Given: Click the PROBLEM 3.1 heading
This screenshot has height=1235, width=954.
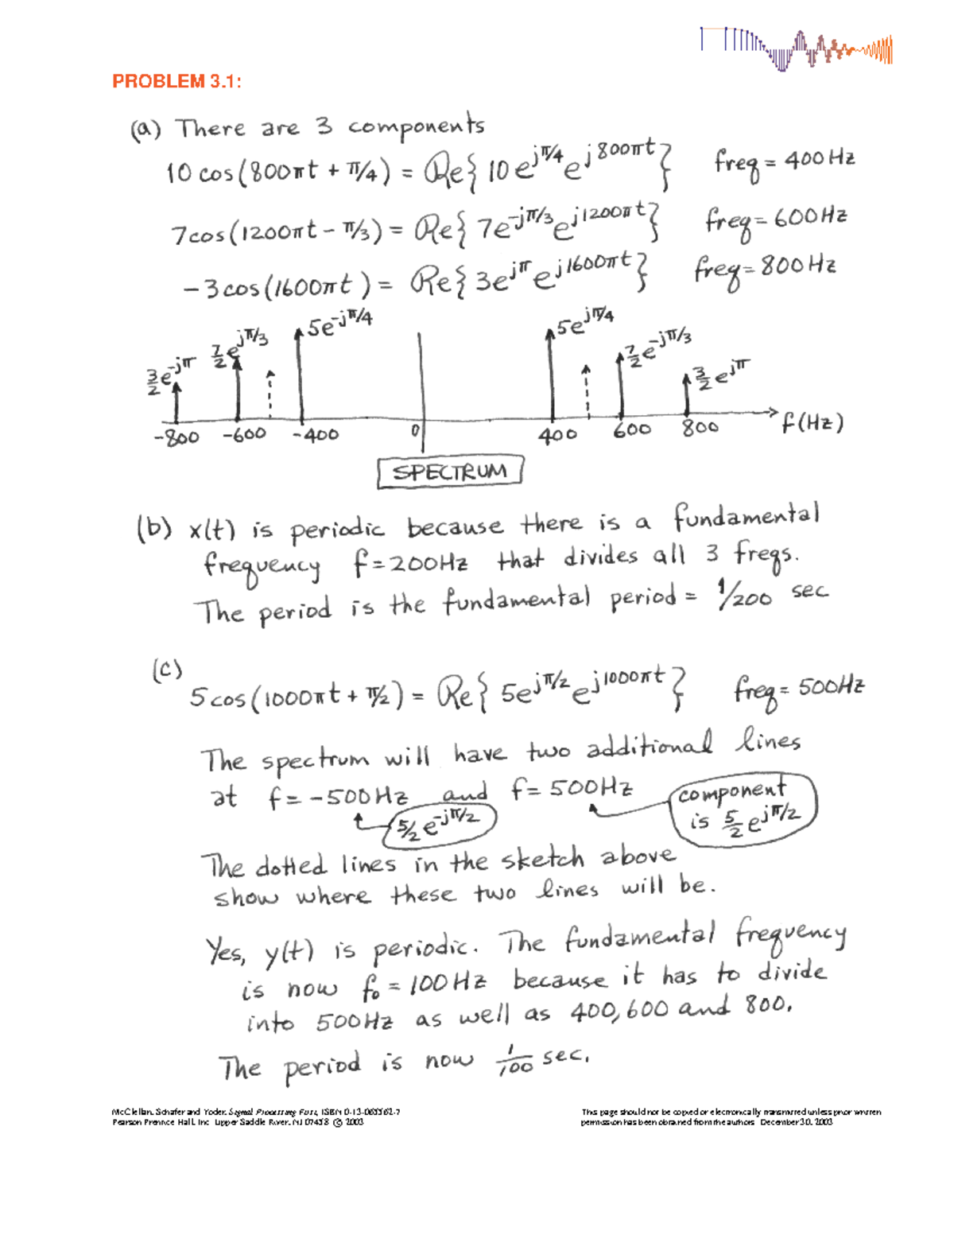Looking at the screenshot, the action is [x=176, y=81].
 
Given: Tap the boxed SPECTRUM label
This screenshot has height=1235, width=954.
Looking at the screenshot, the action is [x=450, y=472].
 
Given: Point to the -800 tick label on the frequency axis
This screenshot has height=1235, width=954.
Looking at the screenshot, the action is [x=176, y=437].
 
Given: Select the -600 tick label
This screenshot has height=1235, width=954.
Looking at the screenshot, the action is [x=244, y=435].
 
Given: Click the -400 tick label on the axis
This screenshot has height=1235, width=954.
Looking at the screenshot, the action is [x=315, y=434].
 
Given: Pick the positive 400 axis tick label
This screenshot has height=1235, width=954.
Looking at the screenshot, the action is [x=557, y=434].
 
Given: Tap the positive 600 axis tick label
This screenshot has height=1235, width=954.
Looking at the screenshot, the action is [x=632, y=430].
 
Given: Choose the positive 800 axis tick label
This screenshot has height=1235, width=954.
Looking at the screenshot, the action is [x=700, y=427].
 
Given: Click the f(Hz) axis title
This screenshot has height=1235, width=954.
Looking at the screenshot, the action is [x=811, y=423].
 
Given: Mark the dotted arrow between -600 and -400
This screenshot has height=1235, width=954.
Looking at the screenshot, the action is [x=270, y=394].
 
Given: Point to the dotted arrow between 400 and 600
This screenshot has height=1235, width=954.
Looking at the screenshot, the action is [x=587, y=391].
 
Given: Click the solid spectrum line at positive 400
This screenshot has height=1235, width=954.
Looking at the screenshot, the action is [x=551, y=374].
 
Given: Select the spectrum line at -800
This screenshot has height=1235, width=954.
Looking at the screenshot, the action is [x=176, y=402].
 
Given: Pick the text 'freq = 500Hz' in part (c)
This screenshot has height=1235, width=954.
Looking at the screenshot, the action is [x=798, y=689].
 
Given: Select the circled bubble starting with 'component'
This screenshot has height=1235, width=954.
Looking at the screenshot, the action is [x=743, y=807].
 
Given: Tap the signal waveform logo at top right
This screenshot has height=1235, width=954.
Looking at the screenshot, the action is [x=796, y=49].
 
